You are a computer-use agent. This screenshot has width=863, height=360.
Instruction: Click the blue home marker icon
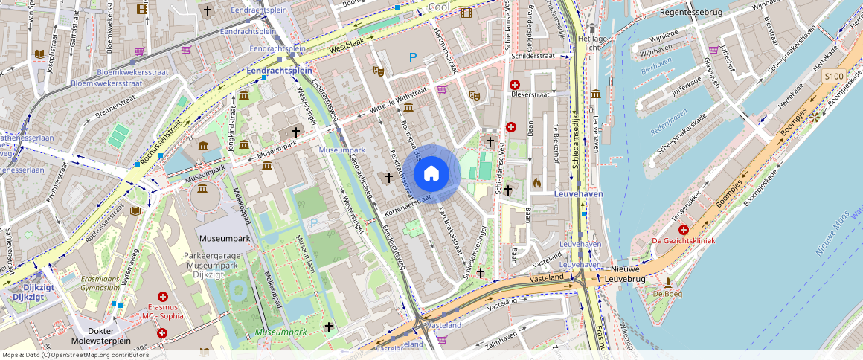tap(431, 174)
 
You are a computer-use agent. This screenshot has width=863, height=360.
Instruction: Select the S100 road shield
tap(833, 77)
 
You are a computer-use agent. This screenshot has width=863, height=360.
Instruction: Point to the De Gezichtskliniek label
tap(683, 241)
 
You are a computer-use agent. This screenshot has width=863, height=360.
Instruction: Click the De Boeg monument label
tap(667, 294)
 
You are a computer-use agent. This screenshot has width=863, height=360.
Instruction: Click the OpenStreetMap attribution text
tap(74, 355)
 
